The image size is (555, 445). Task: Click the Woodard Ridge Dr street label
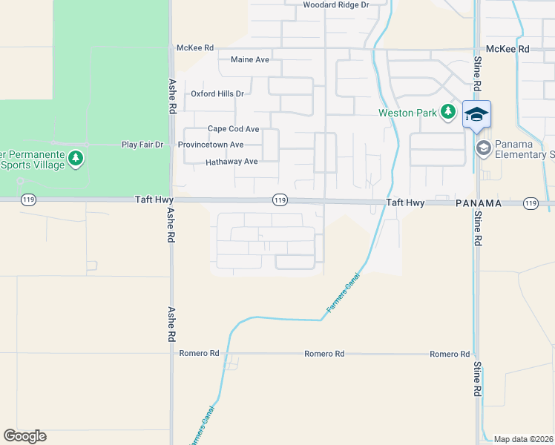336,4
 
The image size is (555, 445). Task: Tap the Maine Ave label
250,59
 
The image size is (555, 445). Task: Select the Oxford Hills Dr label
217,93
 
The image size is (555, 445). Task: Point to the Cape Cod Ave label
233,128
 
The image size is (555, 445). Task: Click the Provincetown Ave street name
211,145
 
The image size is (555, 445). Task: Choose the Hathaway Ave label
231,161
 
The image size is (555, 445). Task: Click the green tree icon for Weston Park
447,112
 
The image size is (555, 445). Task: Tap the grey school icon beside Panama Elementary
484,148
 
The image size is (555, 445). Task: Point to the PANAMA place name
479,202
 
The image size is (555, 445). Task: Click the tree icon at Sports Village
75,158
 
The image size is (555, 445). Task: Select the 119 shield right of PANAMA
530,202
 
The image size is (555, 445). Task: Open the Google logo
24,436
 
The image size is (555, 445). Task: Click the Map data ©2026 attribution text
524,439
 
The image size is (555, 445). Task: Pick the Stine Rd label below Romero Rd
477,383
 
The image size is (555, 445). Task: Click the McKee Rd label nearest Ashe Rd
195,47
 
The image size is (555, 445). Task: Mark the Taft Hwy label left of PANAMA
404,202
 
